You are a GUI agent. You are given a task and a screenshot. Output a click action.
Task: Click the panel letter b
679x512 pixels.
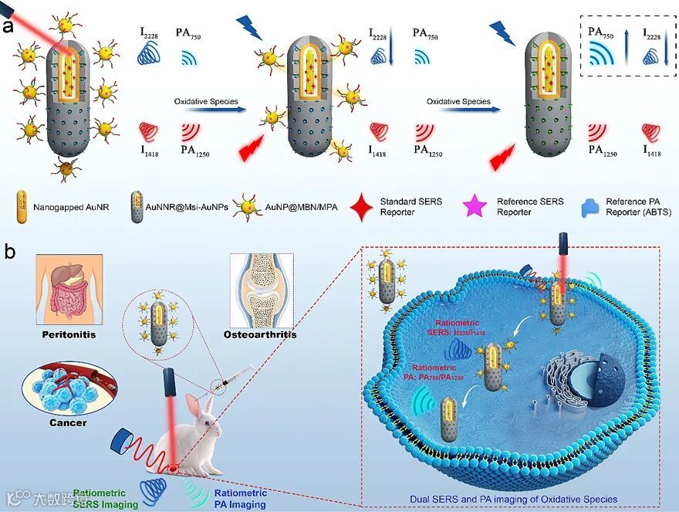coord(9,251)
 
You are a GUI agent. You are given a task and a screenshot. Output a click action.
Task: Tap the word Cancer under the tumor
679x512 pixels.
coord(68,422)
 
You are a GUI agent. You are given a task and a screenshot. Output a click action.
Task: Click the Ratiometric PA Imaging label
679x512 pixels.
coord(240,498)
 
